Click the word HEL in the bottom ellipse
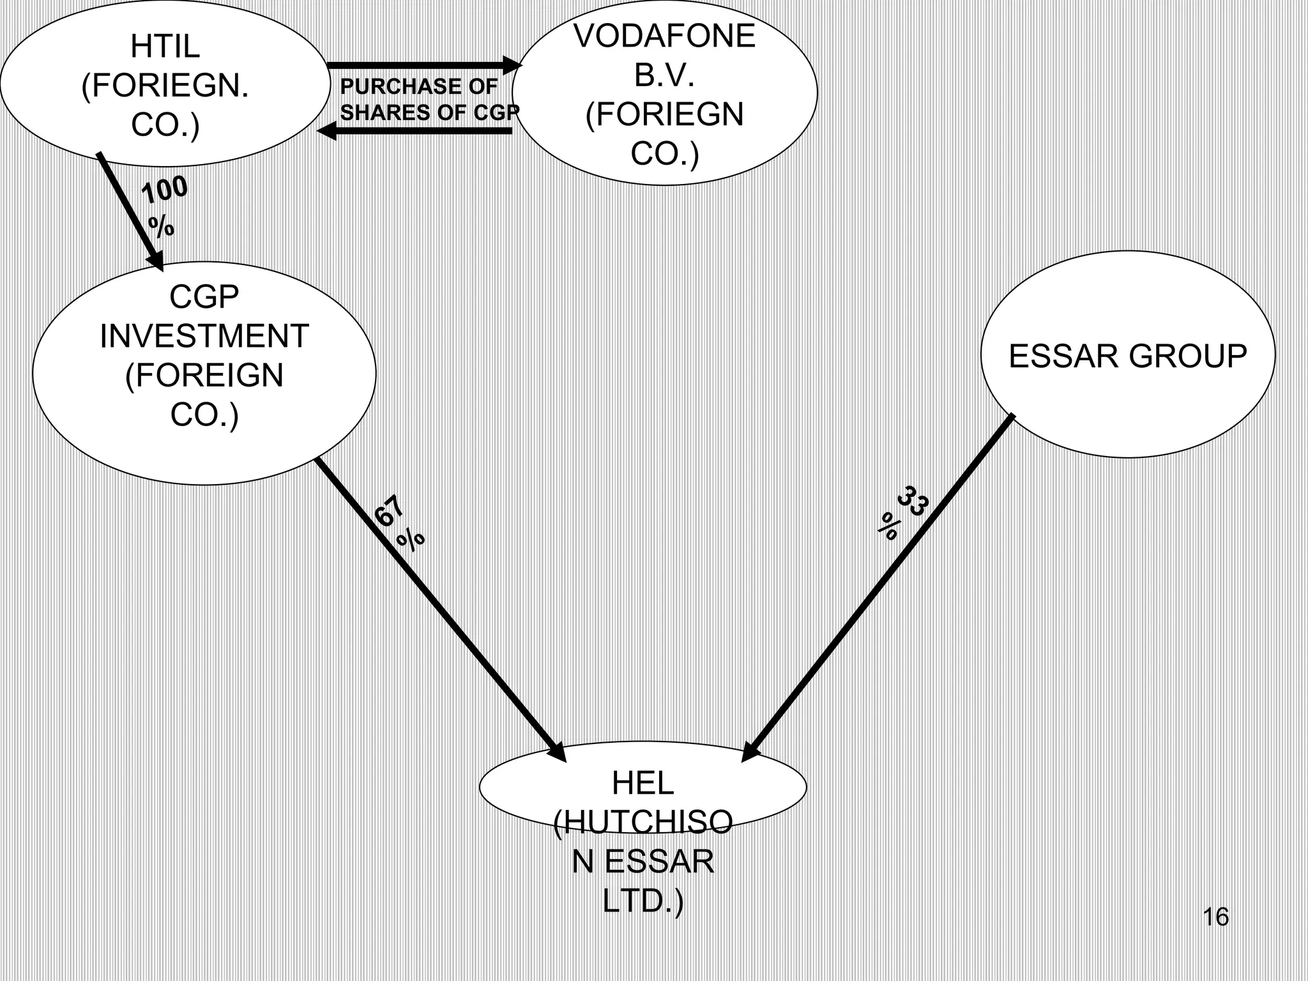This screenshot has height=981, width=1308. click(643, 784)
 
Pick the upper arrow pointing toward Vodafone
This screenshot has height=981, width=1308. click(422, 65)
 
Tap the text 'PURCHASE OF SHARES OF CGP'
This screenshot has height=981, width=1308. click(428, 100)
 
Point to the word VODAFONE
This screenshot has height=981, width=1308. click(664, 36)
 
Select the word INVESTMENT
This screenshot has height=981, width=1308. click(204, 336)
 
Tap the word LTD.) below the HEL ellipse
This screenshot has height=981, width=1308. click(643, 901)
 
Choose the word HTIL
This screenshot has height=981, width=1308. click(165, 46)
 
